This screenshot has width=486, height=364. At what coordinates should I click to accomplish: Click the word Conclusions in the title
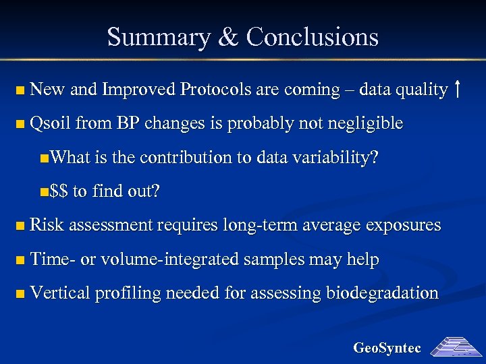click(x=313, y=36)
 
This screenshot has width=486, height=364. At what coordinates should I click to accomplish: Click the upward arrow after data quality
click(x=458, y=89)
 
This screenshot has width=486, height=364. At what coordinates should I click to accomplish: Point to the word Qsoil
click(x=51, y=123)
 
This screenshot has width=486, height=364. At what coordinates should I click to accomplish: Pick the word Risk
click(x=46, y=225)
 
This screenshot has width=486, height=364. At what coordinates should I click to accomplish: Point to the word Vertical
click(x=61, y=293)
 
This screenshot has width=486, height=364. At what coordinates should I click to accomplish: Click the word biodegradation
click(x=382, y=293)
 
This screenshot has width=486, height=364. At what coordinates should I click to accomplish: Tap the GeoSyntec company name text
click(x=387, y=348)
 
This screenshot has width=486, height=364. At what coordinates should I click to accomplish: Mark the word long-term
click(x=251, y=225)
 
